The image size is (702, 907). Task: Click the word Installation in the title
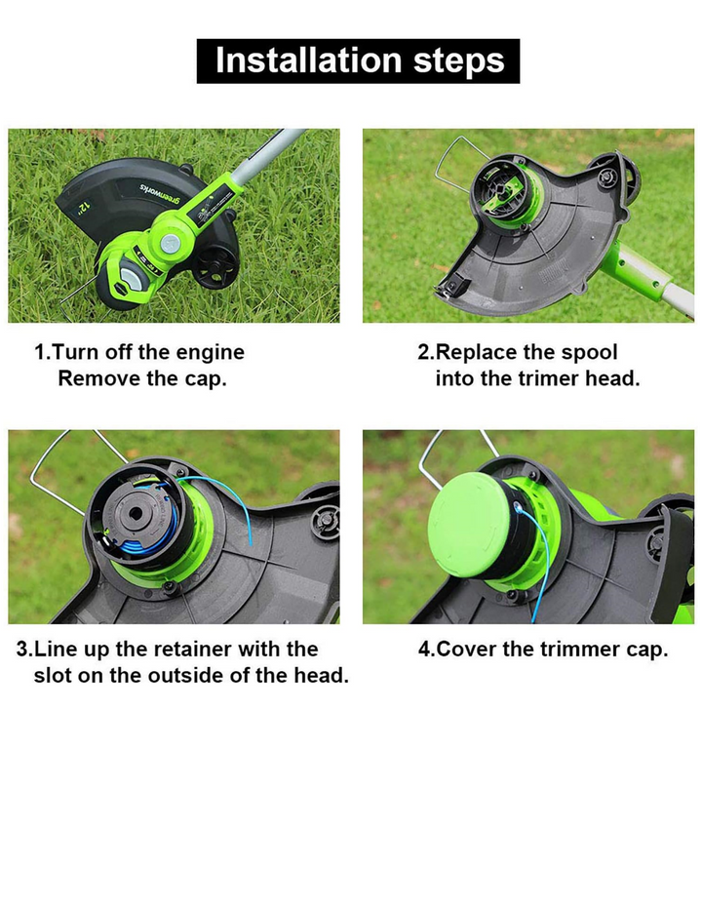[x=308, y=60]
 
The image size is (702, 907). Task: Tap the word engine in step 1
[x=210, y=353]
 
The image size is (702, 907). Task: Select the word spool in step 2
[x=589, y=353]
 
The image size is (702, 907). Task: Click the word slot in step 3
[x=52, y=675]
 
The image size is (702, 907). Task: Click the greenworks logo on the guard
[x=160, y=194]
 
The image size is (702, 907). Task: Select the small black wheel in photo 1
[x=214, y=267]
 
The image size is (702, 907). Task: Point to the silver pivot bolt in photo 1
[x=169, y=243]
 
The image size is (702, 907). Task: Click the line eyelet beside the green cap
[x=518, y=508]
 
